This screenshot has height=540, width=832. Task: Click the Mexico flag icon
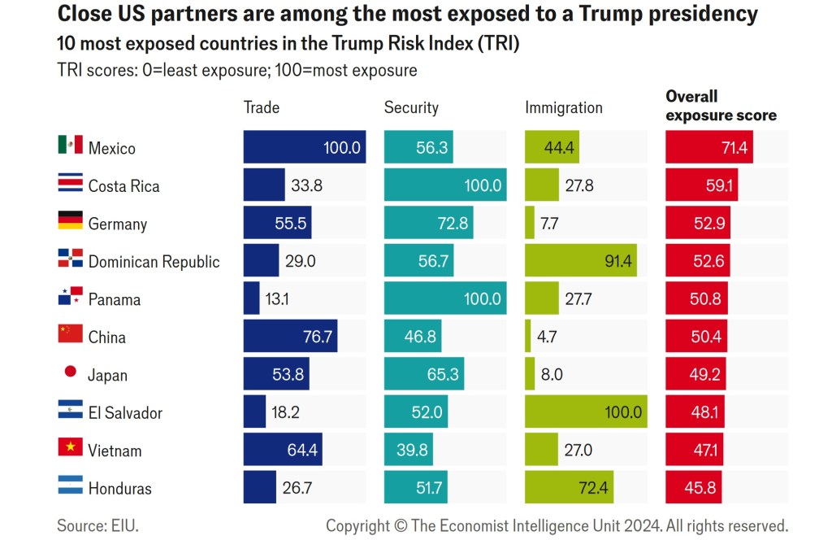70,145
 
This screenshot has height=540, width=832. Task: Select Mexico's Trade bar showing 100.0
304,147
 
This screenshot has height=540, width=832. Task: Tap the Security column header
411,107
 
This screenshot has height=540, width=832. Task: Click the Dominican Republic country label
154,261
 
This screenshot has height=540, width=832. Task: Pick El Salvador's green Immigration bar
586,412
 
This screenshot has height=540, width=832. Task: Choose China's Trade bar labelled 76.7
290,336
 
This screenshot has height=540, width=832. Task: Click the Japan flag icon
70,372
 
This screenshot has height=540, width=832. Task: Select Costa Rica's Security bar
445,185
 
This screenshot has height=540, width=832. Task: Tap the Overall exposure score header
721,107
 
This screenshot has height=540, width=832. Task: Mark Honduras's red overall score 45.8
693,487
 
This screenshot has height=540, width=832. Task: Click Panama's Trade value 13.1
277,298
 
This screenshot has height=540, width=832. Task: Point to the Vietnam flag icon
70,447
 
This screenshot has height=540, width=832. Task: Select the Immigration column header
564,107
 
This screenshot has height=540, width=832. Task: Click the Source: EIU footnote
92,525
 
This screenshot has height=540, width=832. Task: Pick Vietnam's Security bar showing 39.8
408,450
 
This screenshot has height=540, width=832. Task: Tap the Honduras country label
120,488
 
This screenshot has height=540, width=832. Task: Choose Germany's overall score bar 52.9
697,223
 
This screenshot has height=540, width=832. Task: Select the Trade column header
262,107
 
